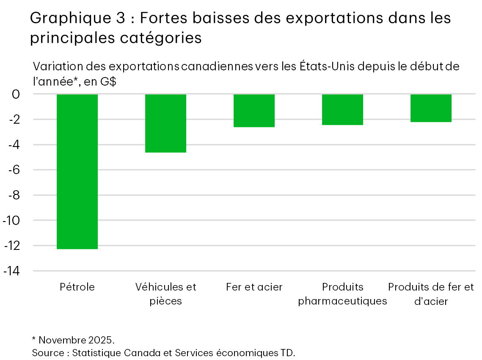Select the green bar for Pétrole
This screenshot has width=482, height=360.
[x=77, y=172]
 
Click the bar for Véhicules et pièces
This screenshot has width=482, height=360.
[x=165, y=123]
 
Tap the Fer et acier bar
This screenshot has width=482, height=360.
[x=254, y=111]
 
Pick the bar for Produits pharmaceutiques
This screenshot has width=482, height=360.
[x=342, y=110]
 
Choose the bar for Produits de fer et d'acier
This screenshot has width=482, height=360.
[x=431, y=108]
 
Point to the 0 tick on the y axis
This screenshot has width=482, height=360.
[x=16, y=94]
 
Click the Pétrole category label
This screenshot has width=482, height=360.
[x=77, y=287]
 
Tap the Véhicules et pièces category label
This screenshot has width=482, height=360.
[x=165, y=294]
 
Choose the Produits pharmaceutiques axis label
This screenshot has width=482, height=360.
[x=342, y=294]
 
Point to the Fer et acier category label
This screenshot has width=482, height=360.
[x=254, y=287]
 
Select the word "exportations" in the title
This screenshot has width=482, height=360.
[x=308, y=18]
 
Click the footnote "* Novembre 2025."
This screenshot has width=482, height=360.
[x=73, y=340]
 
